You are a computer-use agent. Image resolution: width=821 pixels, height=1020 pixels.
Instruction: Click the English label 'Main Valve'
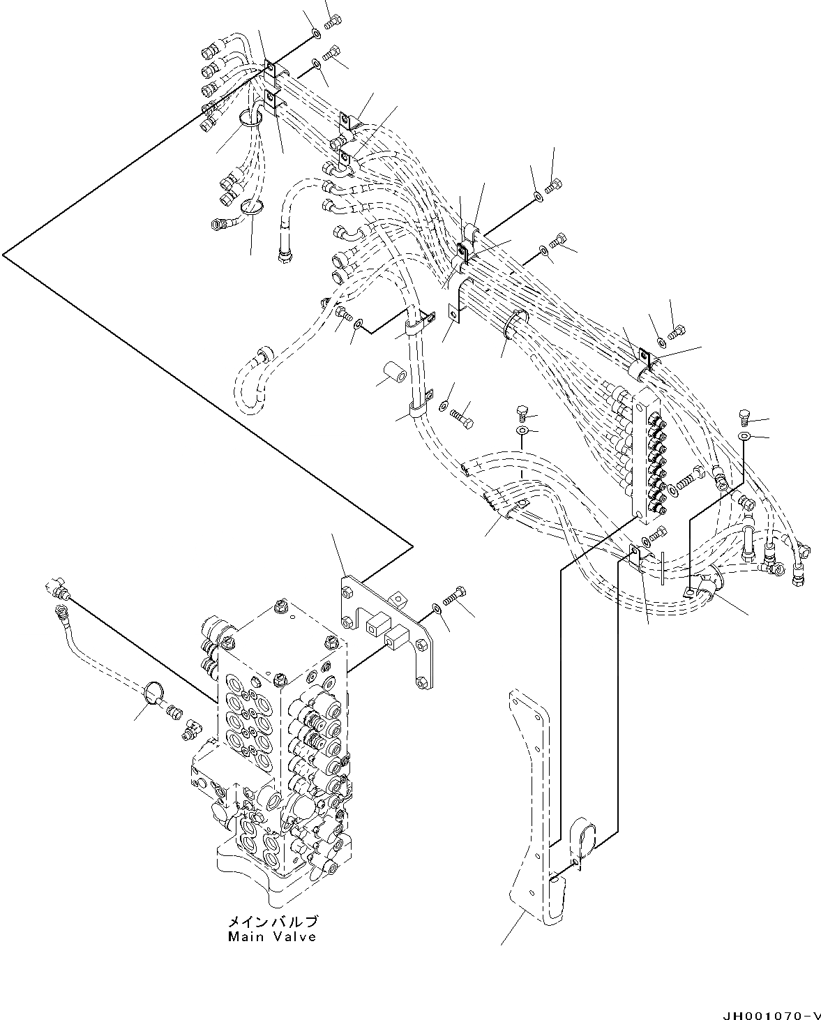click(x=272, y=936)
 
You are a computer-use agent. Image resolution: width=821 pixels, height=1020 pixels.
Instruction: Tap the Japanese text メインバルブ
click(x=272, y=922)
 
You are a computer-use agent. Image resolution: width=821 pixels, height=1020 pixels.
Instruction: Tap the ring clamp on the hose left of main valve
click(x=153, y=693)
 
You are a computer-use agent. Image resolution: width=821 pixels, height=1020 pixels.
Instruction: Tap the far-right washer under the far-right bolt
click(x=744, y=436)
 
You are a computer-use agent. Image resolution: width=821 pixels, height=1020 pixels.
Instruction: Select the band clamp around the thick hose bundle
click(x=514, y=324)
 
